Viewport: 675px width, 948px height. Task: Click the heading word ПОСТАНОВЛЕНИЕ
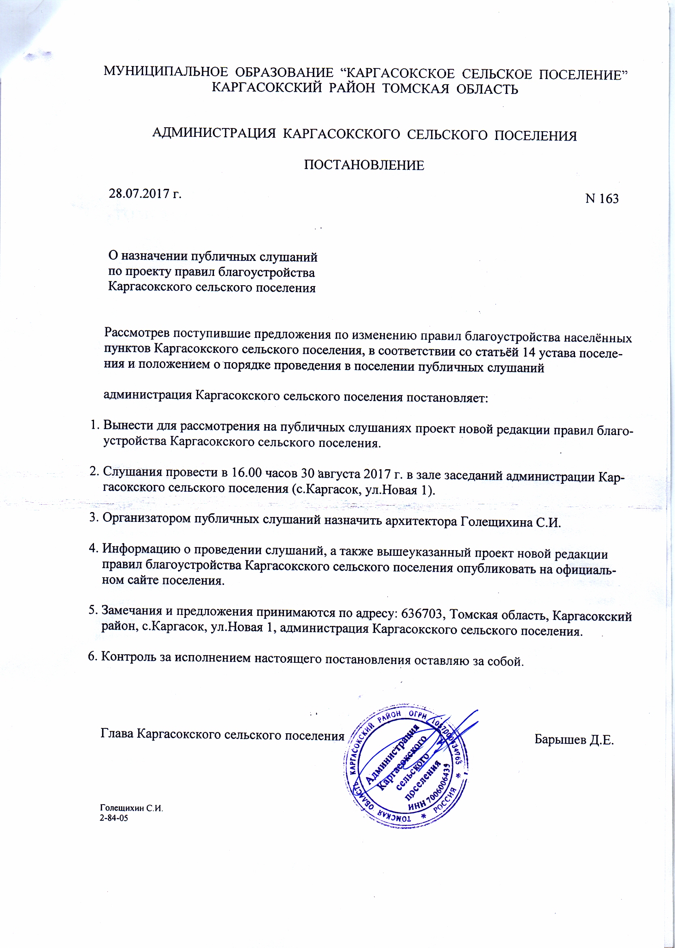pyautogui.click(x=364, y=165)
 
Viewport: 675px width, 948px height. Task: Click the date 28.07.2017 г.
pyautogui.click(x=145, y=193)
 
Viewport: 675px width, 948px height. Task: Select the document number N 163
pyautogui.click(x=602, y=199)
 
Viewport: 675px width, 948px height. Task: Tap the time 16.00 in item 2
pyautogui.click(x=246, y=472)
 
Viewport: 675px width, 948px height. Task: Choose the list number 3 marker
pyautogui.click(x=94, y=518)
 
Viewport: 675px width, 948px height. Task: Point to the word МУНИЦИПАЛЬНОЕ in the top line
pyautogui.click(x=166, y=72)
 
